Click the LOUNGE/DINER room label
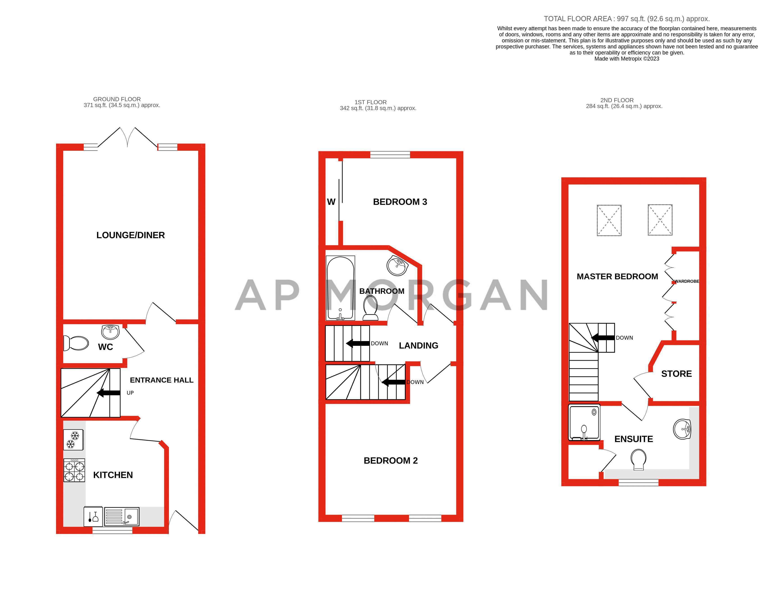click(130, 235)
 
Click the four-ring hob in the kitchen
click(74, 470)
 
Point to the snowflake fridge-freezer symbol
click(73, 440)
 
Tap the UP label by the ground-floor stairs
click(130, 393)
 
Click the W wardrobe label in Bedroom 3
click(331, 202)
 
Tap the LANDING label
click(419, 346)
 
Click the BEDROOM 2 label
click(391, 460)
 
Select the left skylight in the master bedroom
click(609, 220)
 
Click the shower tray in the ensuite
click(584, 422)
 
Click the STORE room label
click(676, 374)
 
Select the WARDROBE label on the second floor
click(687, 281)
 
